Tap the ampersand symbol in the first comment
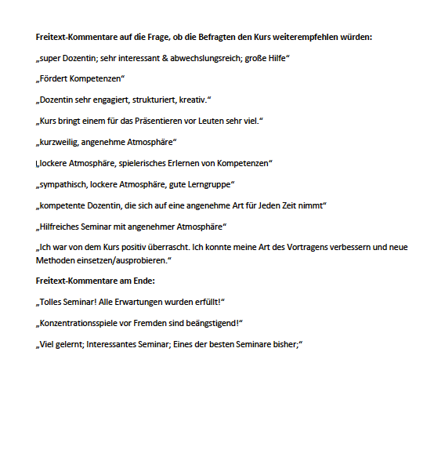point(167,58)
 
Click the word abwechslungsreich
point(212,58)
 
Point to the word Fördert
point(55,79)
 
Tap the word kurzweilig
point(60,142)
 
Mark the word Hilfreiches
point(61,227)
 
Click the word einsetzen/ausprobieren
point(121,259)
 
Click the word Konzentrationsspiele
point(84,323)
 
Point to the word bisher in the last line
point(284,344)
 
